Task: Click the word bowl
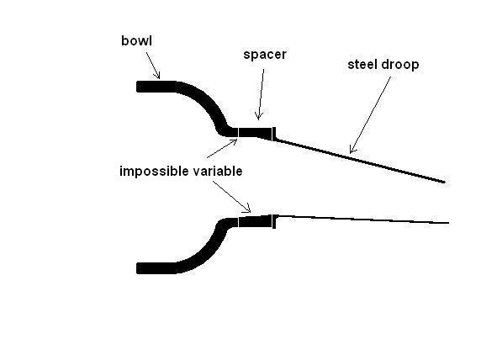tap(136, 40)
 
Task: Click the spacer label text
tap(265, 55)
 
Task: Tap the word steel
tap(363, 65)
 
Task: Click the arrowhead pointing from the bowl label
tap(157, 75)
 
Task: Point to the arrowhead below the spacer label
tap(259, 116)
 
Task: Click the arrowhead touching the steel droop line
tap(353, 150)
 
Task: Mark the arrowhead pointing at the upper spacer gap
tap(234, 142)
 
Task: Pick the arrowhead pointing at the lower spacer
tap(247, 209)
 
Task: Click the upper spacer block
tap(256, 133)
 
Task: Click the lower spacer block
tap(256, 221)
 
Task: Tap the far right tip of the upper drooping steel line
tap(445, 183)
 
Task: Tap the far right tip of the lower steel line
tap(449, 223)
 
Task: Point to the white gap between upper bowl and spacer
tap(238, 133)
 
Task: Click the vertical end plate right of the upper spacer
tap(274, 134)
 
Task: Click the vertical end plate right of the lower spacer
tap(274, 221)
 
